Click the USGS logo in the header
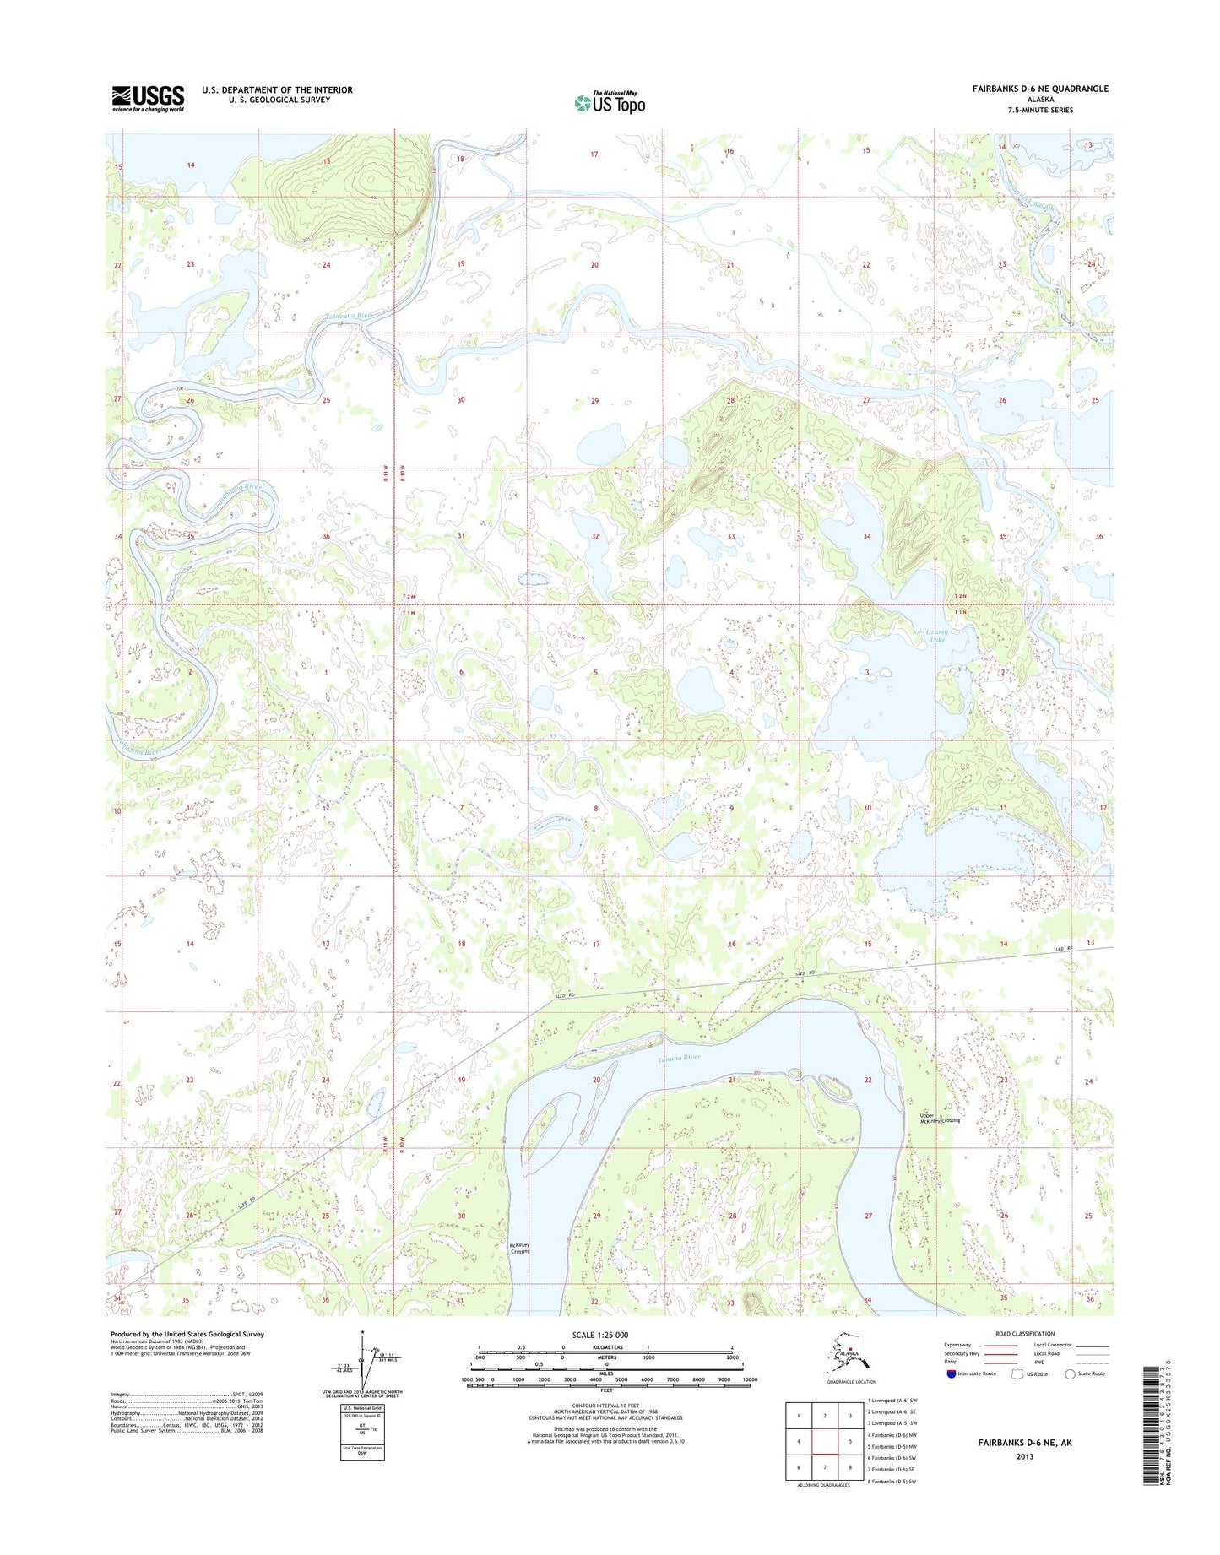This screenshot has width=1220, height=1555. click(x=148, y=98)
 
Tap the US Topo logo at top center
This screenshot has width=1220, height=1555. click(x=610, y=102)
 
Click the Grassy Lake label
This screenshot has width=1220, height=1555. click(x=937, y=636)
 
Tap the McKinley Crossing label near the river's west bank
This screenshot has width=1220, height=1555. click(x=519, y=1248)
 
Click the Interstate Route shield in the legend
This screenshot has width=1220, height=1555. click(x=952, y=1373)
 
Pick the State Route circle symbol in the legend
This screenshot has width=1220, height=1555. click(x=1071, y=1373)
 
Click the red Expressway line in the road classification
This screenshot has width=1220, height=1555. click(x=999, y=1346)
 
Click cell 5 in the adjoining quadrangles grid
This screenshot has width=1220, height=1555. click(x=850, y=1442)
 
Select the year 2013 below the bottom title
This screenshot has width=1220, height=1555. click(x=1024, y=1456)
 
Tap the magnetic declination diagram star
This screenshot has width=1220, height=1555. click(x=362, y=1333)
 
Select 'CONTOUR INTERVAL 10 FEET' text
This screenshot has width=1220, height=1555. click(x=605, y=1406)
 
